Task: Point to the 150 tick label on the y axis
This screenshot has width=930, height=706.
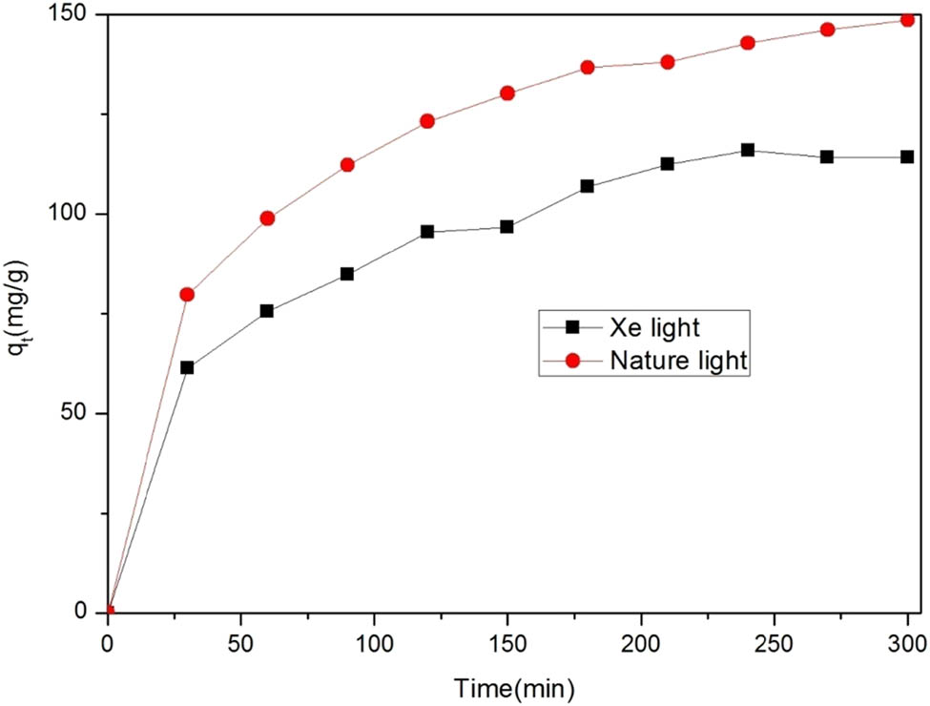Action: pos(76,15)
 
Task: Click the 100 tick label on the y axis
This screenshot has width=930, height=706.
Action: pos(76,215)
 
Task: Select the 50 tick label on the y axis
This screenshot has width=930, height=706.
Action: pos(80,414)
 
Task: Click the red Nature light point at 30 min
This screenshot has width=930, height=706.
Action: pos(187,295)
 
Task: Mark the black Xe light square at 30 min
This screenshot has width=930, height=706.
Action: pos(187,367)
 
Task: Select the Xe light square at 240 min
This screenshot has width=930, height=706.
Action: pos(748,150)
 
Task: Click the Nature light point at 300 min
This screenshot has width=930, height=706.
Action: pos(907,20)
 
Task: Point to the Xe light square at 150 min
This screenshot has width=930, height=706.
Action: pos(507,227)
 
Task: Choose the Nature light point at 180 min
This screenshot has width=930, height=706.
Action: pos(588,68)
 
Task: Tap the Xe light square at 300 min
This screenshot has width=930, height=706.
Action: pos(907,156)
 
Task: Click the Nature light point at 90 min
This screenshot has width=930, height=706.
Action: pos(347,165)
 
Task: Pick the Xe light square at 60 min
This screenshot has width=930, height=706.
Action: pos(267,311)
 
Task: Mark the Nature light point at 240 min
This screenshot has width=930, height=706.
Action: pos(748,43)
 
